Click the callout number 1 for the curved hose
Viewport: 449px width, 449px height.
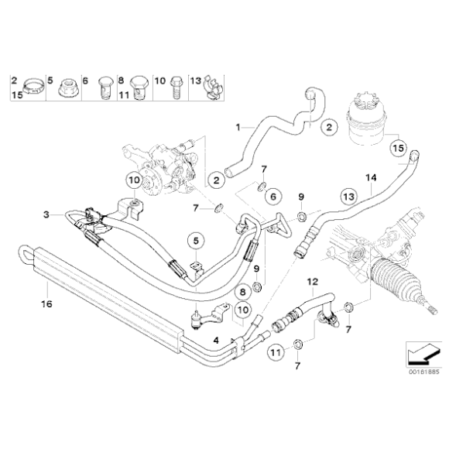(238, 124)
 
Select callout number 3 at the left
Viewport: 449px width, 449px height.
(46, 214)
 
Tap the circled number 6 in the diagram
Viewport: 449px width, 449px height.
(272, 198)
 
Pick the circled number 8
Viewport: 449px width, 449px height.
(242, 292)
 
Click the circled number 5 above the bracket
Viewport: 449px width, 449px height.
(197, 238)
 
